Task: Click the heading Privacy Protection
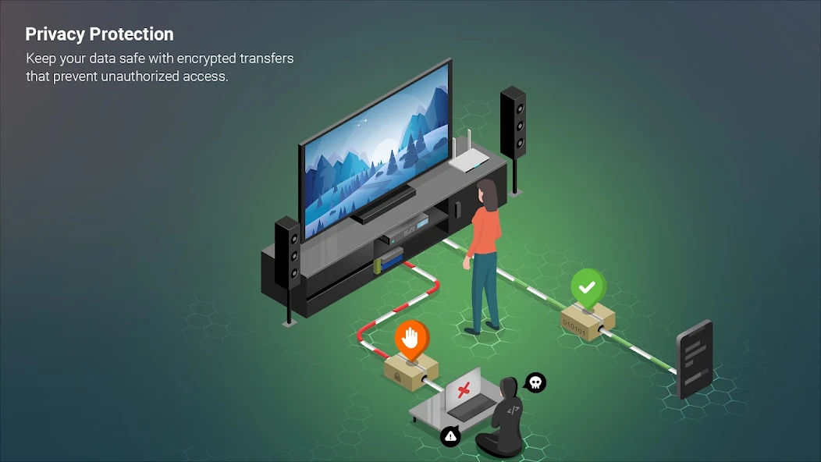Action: (x=99, y=34)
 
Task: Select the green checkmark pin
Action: (x=588, y=286)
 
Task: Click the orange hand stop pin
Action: (x=411, y=338)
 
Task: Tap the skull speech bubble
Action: (x=535, y=382)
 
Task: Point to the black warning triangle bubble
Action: (x=450, y=436)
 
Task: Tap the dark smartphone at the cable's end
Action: (x=695, y=358)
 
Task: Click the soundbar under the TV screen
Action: (x=382, y=204)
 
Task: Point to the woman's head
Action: (x=486, y=190)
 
